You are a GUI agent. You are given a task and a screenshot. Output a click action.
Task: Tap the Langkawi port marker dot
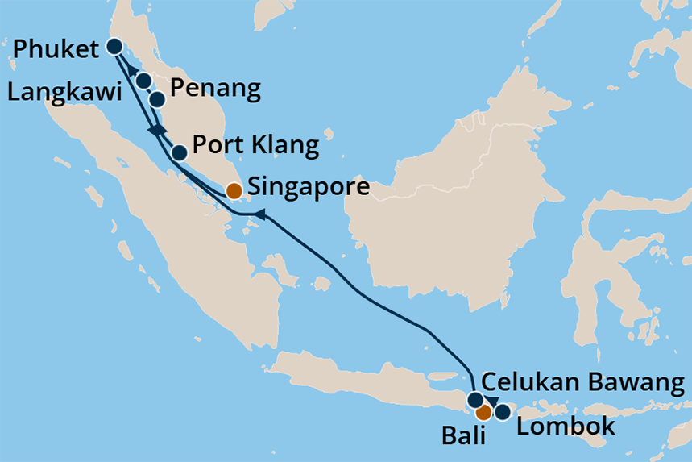click(143, 80)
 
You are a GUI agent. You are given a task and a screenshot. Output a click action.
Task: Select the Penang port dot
click(157, 99)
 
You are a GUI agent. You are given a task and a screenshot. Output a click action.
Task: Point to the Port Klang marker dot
click(180, 151)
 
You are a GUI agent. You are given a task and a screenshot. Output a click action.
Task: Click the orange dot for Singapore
click(233, 191)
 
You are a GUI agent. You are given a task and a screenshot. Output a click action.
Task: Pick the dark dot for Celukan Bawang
click(475, 399)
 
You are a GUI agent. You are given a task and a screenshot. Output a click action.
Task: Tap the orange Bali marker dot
click(483, 413)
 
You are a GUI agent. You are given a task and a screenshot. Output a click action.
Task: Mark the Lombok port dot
click(502, 413)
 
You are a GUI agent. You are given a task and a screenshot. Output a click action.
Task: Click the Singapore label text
click(309, 189)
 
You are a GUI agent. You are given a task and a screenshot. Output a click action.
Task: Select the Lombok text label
click(565, 426)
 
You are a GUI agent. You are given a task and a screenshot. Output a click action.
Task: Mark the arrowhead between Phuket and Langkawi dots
click(131, 69)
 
